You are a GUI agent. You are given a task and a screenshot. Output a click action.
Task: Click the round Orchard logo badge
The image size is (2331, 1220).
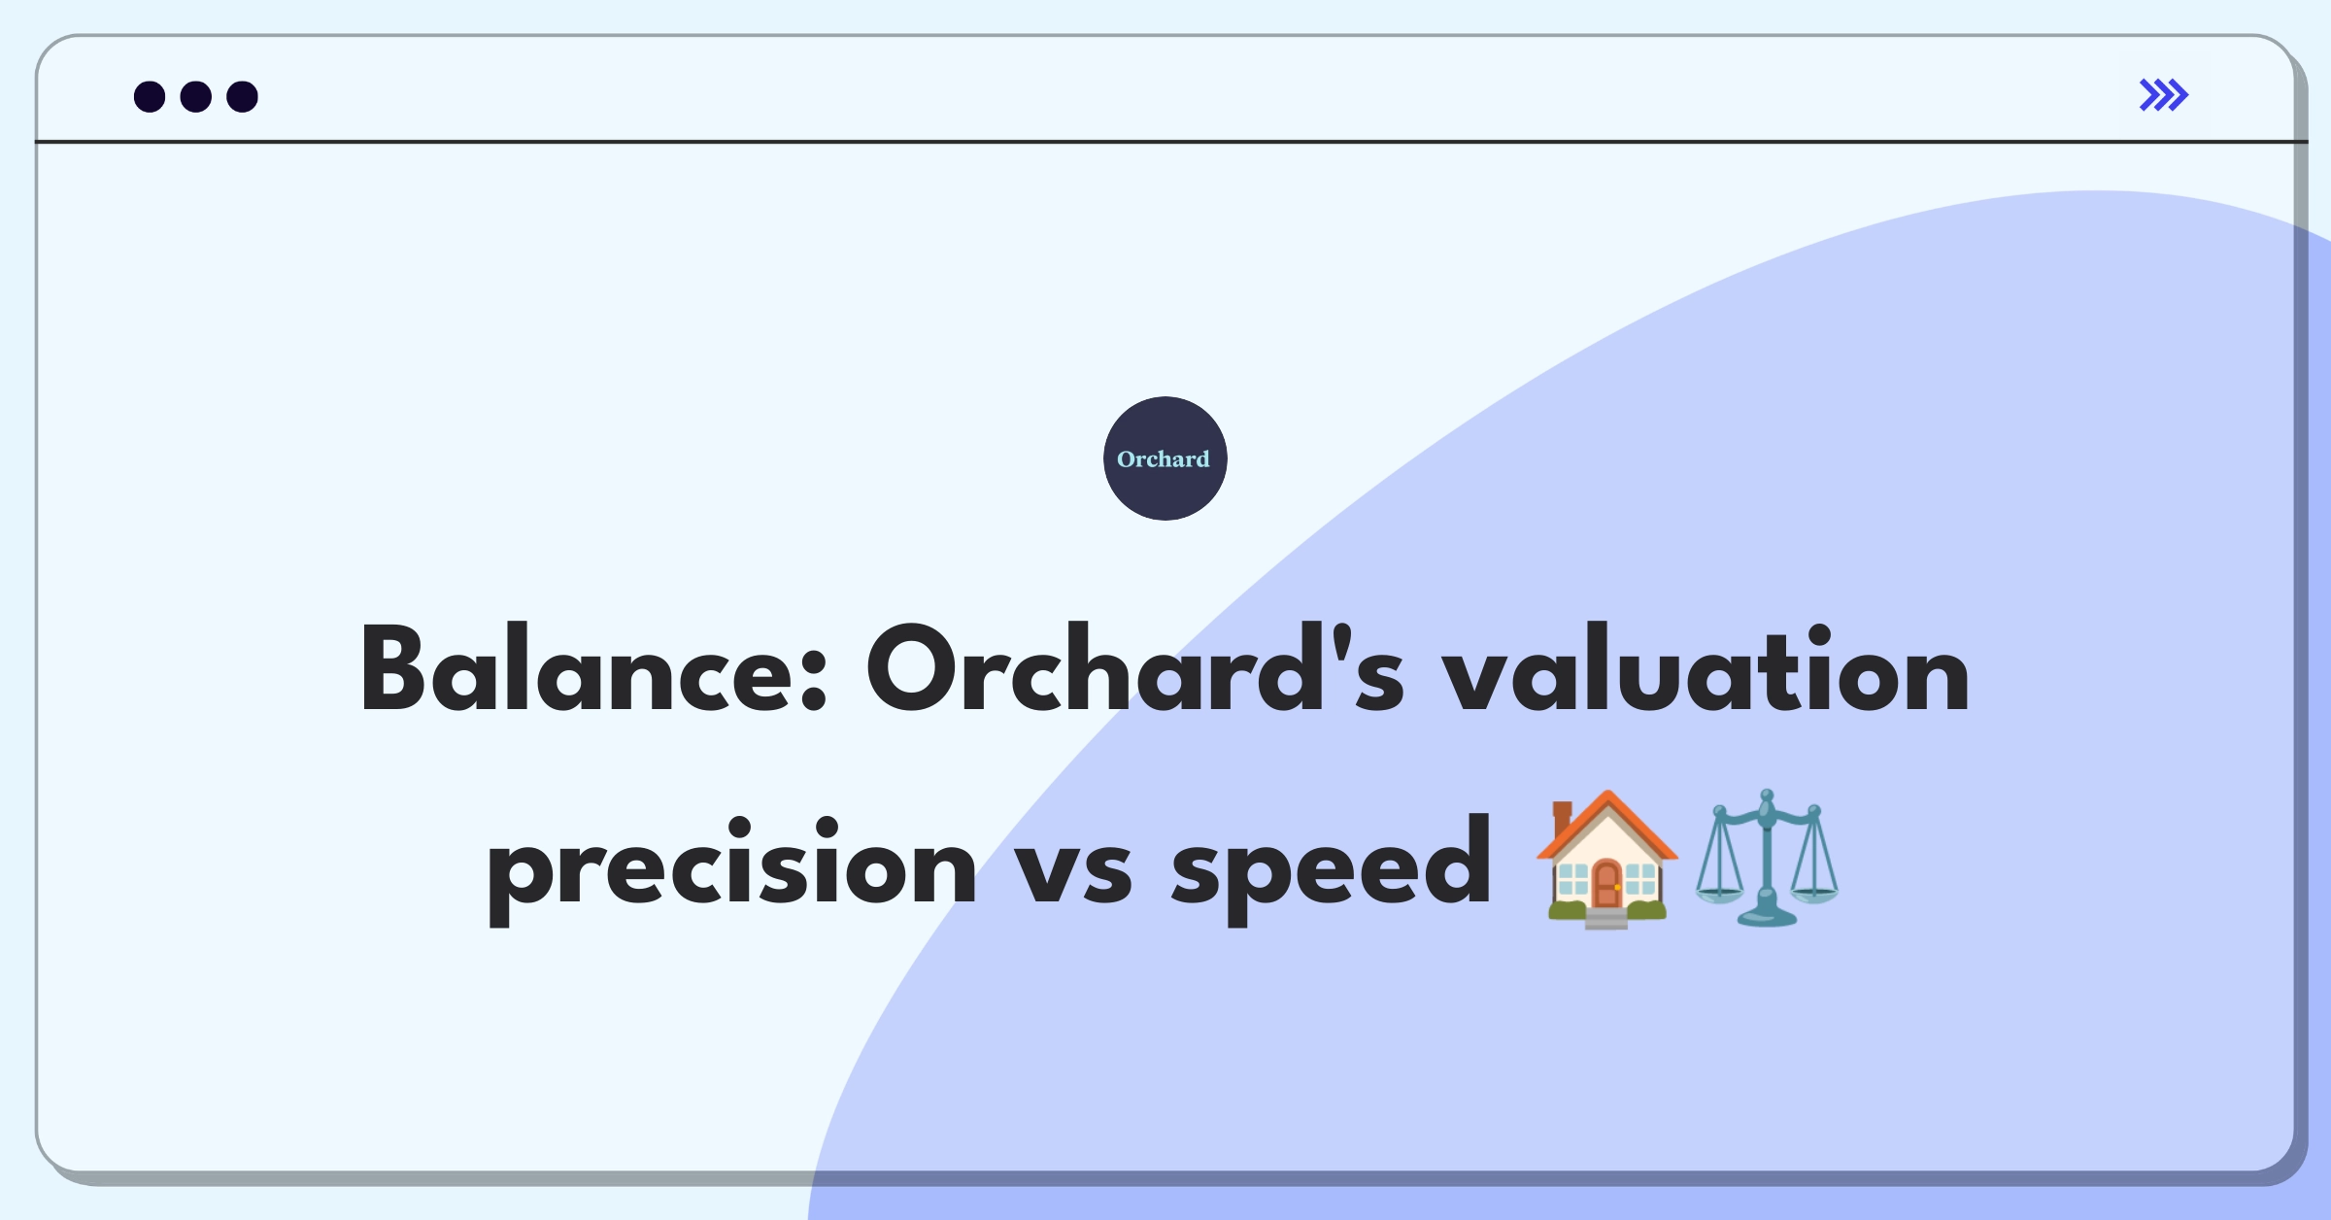tap(1165, 458)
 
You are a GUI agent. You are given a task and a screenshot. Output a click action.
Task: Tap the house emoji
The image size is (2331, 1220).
tap(1606, 860)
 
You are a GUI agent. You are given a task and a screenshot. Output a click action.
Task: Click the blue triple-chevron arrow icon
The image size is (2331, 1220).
tap(2164, 95)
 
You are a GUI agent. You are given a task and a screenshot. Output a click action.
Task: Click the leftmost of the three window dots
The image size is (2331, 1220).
tap(150, 96)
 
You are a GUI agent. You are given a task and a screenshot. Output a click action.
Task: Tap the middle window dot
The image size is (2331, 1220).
tap(196, 96)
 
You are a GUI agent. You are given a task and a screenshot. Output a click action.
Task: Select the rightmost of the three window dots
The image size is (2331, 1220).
tap(243, 96)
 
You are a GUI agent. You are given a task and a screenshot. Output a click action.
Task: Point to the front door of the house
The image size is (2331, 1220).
tap(1606, 885)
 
